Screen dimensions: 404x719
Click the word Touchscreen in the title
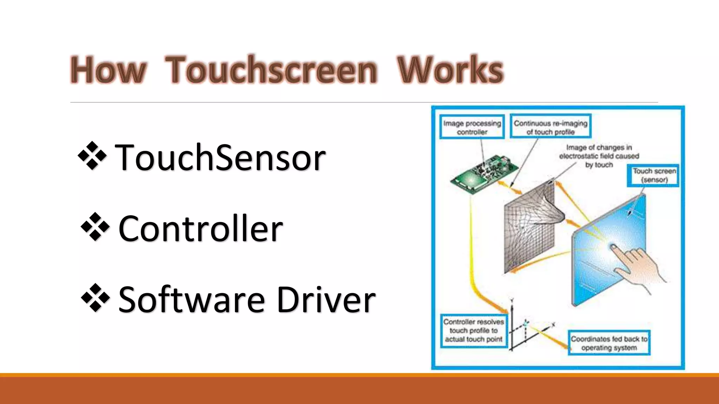(271, 70)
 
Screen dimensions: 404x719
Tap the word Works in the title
(450, 70)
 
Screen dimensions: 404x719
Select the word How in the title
(108, 70)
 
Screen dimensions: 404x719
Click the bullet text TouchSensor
(220, 157)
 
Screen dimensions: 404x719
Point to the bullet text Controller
(200, 229)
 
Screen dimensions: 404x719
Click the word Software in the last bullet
(191, 300)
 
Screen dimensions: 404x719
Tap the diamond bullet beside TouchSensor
(92, 156)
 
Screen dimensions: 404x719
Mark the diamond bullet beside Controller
(95, 227)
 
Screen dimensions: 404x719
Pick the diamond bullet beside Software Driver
(95, 298)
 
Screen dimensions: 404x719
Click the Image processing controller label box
(472, 127)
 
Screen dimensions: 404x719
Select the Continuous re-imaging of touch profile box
(550, 127)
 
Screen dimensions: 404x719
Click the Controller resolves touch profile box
(474, 330)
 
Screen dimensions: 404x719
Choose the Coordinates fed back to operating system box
(609, 343)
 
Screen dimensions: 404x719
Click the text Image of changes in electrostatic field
(599, 156)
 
